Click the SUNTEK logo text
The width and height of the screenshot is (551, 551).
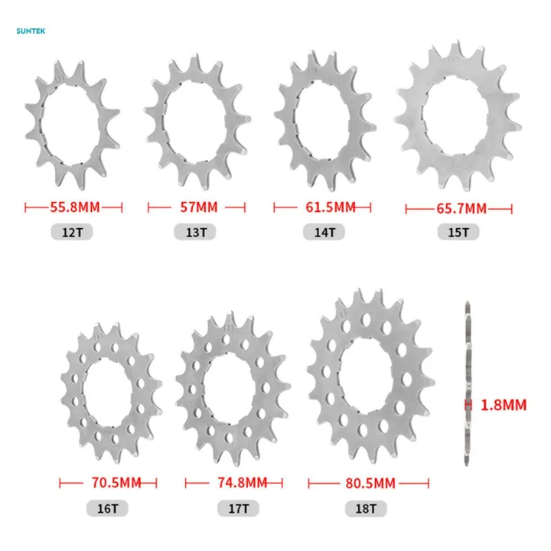(30, 31)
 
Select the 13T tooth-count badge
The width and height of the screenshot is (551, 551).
(196, 232)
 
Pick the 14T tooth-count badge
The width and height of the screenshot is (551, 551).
(321, 232)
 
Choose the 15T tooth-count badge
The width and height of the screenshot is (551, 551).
(458, 232)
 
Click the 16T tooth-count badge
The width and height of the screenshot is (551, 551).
(109, 507)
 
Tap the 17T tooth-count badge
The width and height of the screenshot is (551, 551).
(235, 507)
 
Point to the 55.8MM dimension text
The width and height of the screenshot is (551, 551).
(74, 207)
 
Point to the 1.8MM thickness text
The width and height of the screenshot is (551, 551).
(504, 405)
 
